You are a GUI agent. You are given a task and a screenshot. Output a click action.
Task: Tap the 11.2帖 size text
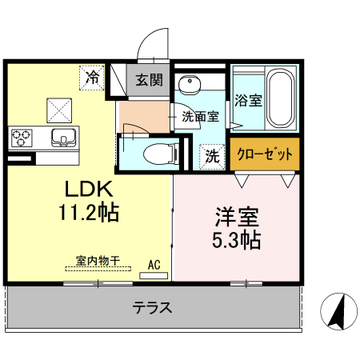click(x=89, y=214)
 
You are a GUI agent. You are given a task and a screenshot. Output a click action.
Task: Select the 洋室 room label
click(x=237, y=217)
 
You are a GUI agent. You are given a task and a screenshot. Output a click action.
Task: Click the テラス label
click(x=152, y=307)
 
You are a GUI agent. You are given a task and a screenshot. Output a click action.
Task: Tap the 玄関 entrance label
click(x=149, y=80)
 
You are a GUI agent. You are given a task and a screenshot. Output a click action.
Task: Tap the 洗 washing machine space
click(x=212, y=154)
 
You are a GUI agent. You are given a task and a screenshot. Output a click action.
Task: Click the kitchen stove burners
click(x=22, y=137)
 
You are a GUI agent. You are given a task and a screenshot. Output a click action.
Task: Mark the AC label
click(x=154, y=262)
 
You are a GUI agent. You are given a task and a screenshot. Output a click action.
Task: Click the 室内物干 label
click(x=98, y=260)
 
